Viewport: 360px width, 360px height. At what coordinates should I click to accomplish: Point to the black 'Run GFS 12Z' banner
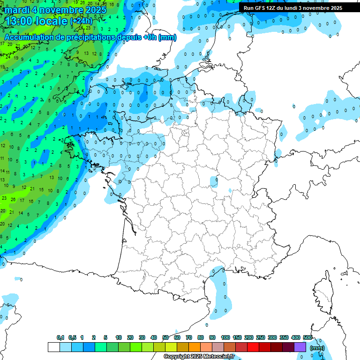[x=293, y=8]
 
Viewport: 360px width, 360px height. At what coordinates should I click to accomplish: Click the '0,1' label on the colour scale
[x=60, y=337]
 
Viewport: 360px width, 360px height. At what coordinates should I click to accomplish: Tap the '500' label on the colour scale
[x=307, y=337]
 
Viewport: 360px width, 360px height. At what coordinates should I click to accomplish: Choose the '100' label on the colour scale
[x=225, y=337]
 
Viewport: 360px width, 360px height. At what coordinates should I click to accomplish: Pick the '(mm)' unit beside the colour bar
[x=317, y=348]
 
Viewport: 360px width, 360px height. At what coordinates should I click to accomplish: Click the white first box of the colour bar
[x=53, y=347]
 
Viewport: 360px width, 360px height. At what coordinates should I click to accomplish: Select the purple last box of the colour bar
[x=300, y=347]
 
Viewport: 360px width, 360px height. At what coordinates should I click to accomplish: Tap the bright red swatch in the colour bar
[x=253, y=347]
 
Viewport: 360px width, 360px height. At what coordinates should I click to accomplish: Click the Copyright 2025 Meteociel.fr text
[x=199, y=357]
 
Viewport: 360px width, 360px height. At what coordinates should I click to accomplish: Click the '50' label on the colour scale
[x=165, y=337]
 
